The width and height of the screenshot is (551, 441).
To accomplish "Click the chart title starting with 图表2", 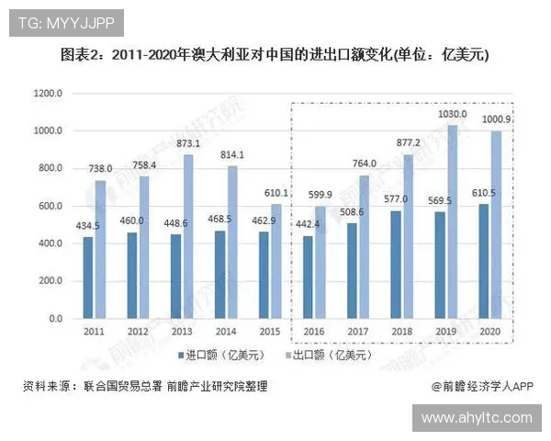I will click(275, 55).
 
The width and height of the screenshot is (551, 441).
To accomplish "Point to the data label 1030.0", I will click(452, 115).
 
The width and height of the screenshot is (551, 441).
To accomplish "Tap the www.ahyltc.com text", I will click(477, 418).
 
